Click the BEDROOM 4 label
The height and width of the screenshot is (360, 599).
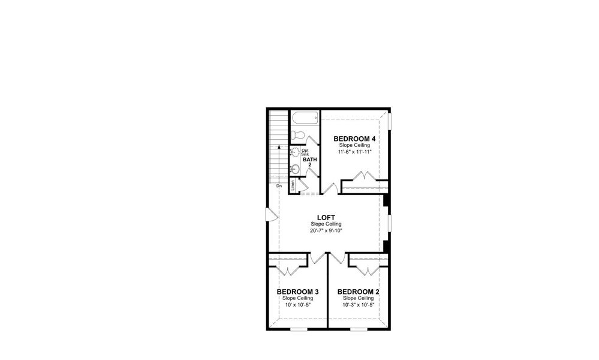click(x=350, y=139)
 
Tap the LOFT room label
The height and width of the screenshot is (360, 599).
click(x=326, y=217)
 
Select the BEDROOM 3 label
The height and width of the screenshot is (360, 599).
click(x=297, y=292)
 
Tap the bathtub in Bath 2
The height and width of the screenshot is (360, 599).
click(x=305, y=118)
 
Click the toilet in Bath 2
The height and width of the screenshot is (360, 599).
click(x=298, y=135)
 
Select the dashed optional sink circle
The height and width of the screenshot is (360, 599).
click(x=295, y=152)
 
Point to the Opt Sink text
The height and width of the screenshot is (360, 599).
click(x=305, y=152)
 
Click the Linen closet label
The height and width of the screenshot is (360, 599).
click(x=293, y=185)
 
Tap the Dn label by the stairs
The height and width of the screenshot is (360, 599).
click(x=279, y=186)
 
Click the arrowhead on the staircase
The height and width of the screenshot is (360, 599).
click(x=279, y=146)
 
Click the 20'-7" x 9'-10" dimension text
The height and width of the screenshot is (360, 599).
click(x=326, y=230)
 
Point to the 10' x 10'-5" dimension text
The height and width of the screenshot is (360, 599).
click(x=297, y=304)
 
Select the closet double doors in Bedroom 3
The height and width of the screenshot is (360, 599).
click(x=289, y=269)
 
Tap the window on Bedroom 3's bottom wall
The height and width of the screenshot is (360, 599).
click(x=297, y=329)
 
